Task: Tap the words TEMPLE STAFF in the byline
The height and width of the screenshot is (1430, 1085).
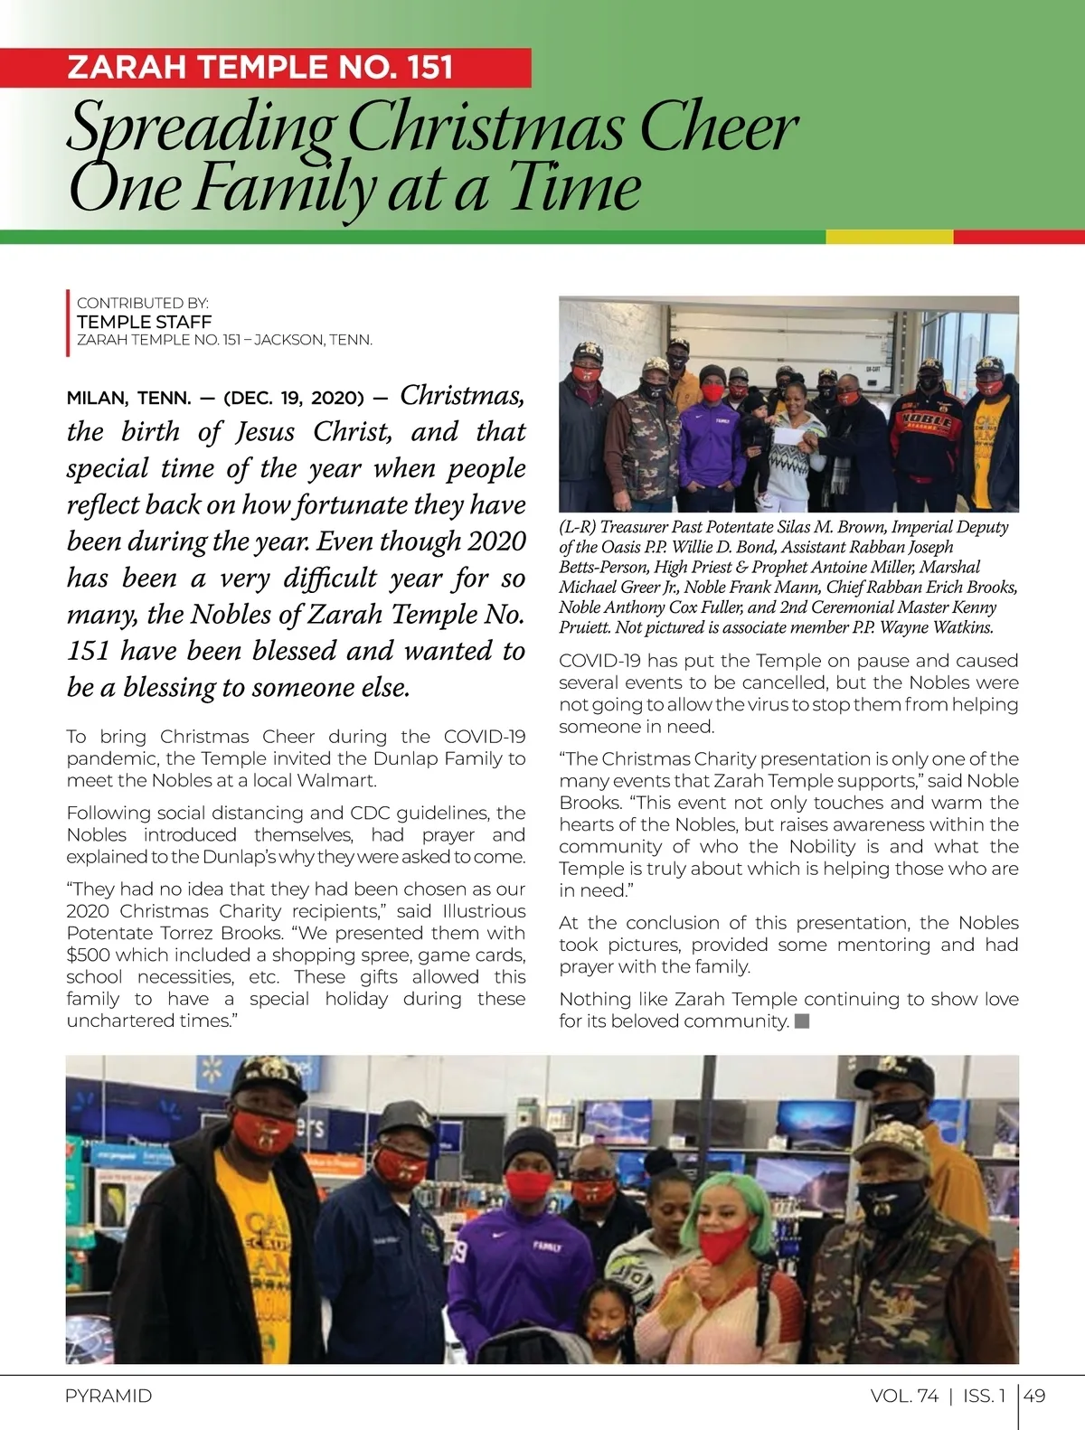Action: click(144, 322)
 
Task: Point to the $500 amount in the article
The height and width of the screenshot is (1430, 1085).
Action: click(87, 955)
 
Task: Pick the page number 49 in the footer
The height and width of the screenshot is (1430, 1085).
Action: click(1034, 1396)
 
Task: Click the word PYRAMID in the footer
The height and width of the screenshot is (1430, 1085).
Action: click(108, 1396)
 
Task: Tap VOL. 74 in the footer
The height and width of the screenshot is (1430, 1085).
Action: click(904, 1396)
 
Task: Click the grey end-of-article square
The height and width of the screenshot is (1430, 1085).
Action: click(801, 1021)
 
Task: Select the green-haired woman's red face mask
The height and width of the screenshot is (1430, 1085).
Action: click(723, 1241)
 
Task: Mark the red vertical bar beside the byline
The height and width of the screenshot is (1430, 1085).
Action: click(68, 322)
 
